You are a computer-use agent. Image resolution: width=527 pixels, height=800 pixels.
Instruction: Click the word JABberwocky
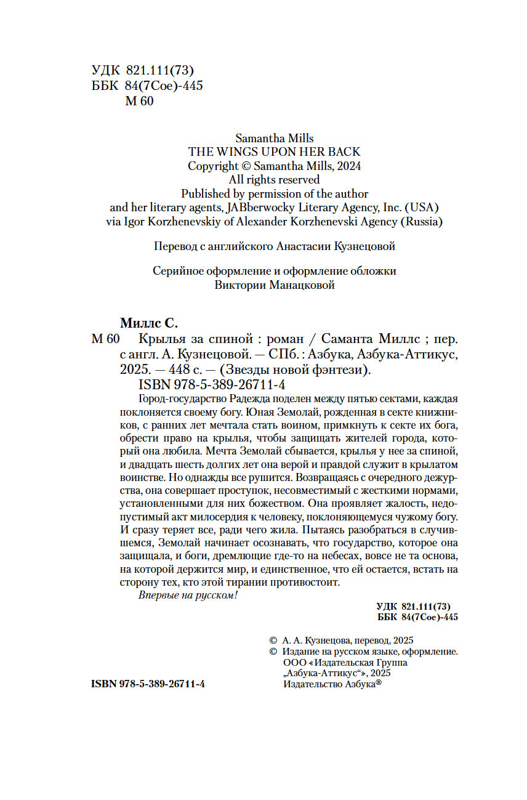tap(259, 208)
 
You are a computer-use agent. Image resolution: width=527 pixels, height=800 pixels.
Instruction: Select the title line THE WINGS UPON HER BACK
tap(274, 152)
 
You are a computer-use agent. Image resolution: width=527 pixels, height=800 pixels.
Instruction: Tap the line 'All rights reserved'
tap(274, 180)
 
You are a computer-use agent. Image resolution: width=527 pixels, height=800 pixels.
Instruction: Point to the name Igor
tap(139, 222)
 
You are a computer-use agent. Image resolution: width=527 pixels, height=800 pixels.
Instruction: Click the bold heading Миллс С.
tap(148, 323)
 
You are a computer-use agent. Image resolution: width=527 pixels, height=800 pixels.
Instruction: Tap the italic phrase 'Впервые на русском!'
tap(188, 596)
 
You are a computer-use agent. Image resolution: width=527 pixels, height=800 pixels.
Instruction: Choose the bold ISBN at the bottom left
tap(148, 684)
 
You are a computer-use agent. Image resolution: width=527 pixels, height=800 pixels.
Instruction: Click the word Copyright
tap(213, 166)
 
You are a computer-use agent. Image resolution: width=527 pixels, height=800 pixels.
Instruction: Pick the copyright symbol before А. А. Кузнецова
tap(273, 640)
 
